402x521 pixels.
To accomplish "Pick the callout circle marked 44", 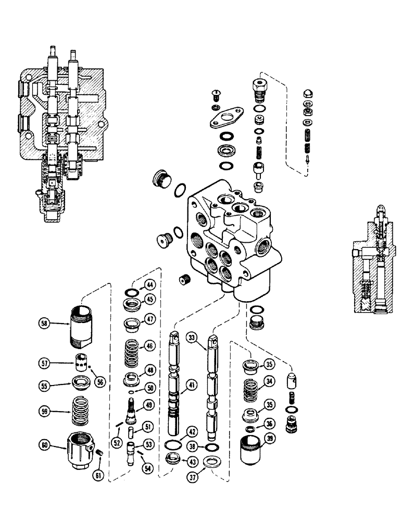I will click(x=149, y=285).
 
